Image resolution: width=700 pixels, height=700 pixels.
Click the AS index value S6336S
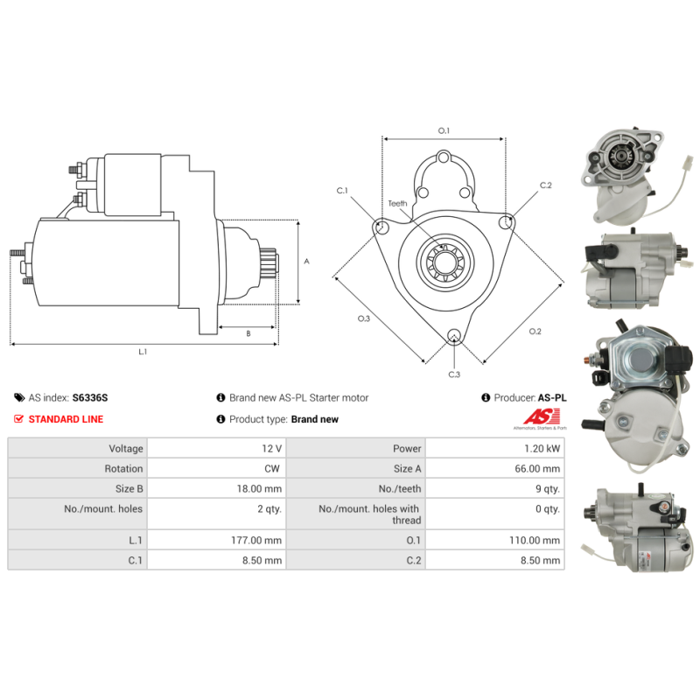click(90, 397)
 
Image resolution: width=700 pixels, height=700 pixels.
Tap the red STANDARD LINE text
click(66, 419)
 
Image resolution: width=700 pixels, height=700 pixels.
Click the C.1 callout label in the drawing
click(342, 191)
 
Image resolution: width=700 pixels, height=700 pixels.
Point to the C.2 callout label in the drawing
click(545, 185)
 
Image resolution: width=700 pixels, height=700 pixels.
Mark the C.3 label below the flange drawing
click(454, 374)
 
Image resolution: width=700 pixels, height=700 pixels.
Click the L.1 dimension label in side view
click(143, 352)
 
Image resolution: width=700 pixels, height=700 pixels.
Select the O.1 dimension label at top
click(444, 131)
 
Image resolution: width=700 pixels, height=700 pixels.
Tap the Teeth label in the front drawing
click(397, 204)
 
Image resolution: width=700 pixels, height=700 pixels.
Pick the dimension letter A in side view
click(305, 261)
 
